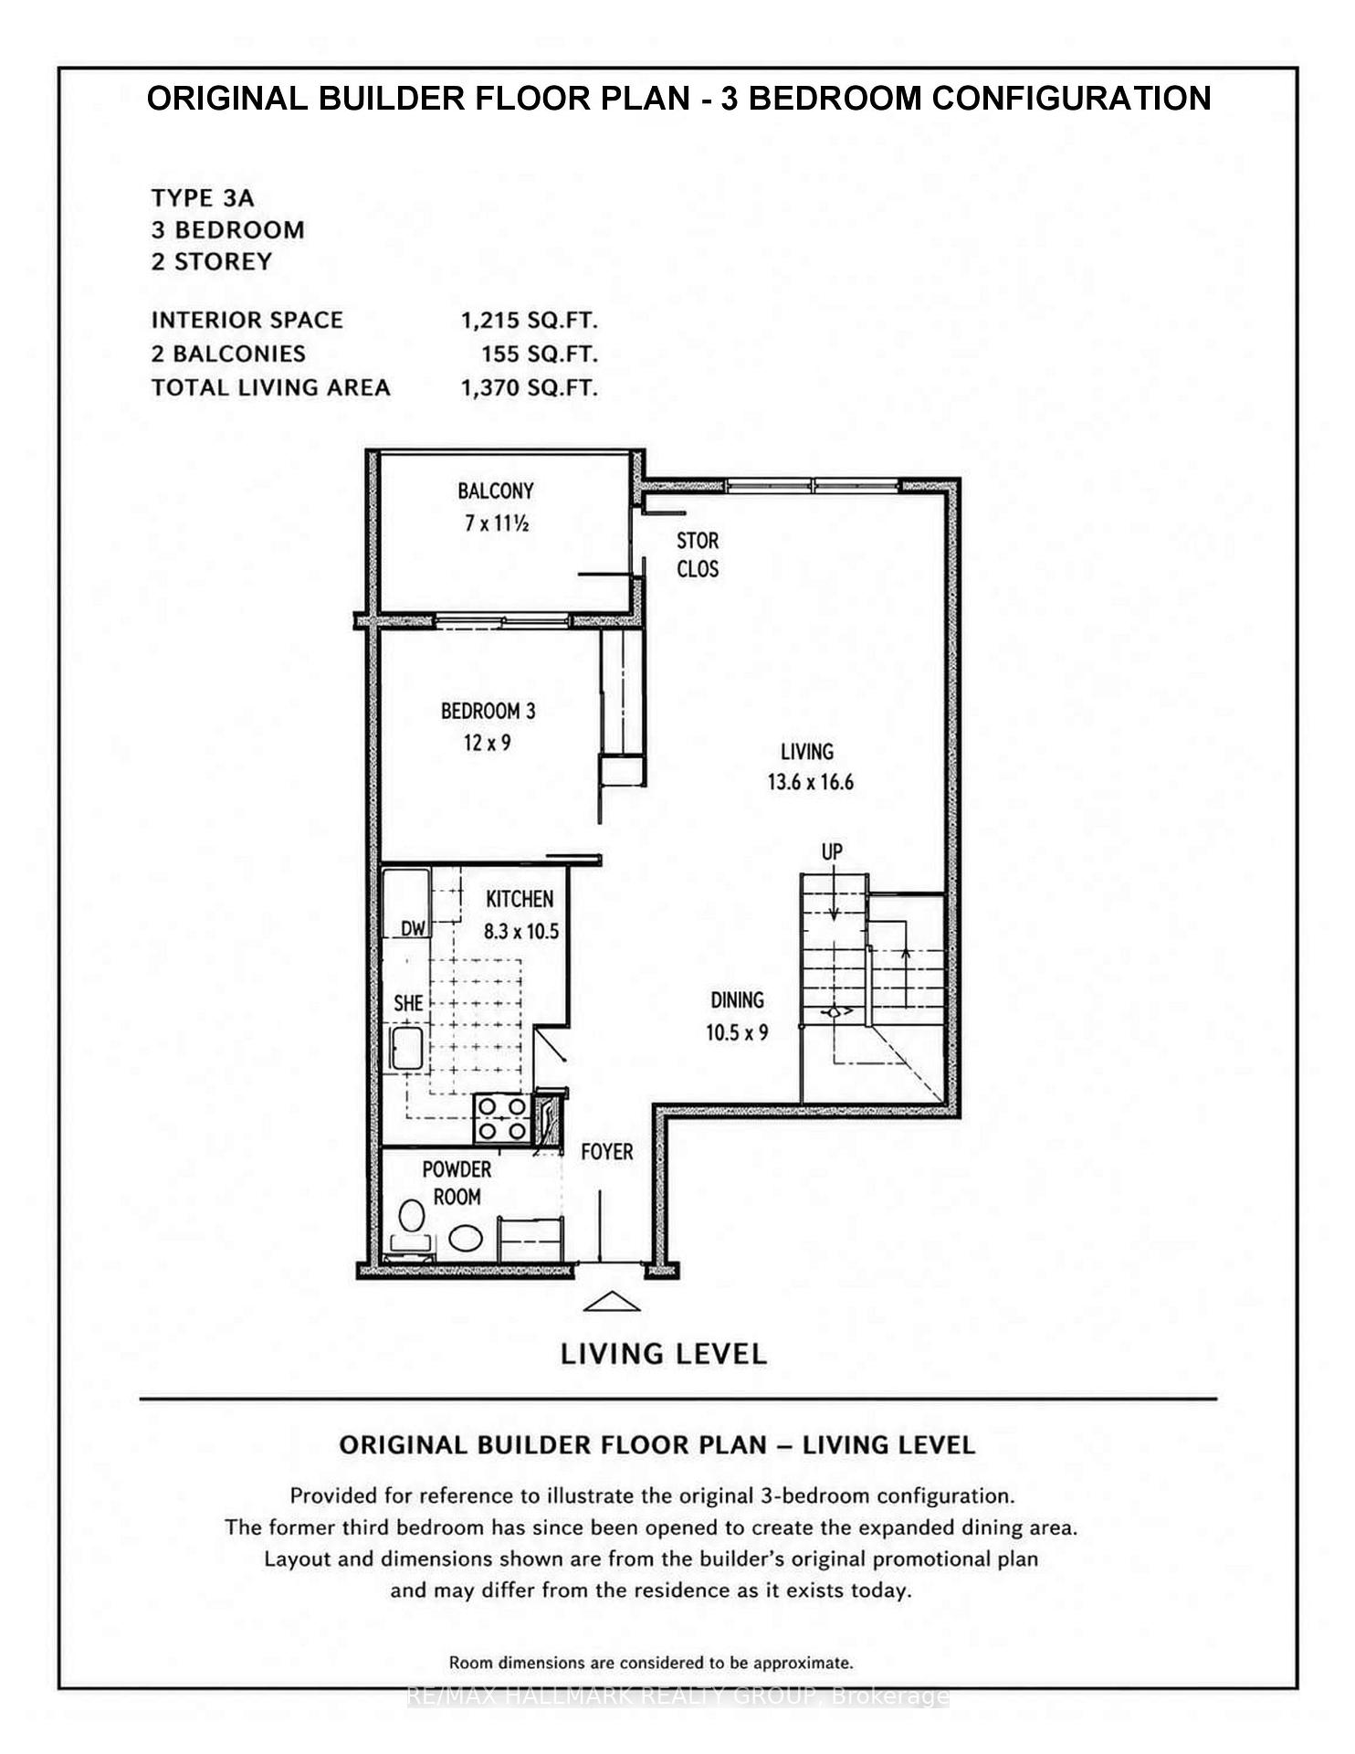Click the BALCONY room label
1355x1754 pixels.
click(496, 491)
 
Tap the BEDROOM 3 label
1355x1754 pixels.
click(488, 711)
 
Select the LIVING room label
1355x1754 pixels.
click(807, 751)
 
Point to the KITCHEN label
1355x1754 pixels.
click(520, 899)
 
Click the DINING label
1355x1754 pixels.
click(737, 999)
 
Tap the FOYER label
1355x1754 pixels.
click(607, 1151)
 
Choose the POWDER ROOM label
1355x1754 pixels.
click(457, 1183)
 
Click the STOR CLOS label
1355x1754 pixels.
click(698, 555)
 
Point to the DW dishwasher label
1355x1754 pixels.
click(415, 928)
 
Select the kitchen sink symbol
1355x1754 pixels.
click(405, 1049)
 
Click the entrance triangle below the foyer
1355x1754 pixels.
click(611, 1303)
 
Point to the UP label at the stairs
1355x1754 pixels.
click(832, 851)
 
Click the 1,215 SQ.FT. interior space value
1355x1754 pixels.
click(530, 321)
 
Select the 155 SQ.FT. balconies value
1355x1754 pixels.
click(540, 354)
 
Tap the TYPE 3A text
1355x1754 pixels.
click(203, 198)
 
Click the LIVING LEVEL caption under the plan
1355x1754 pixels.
click(664, 1354)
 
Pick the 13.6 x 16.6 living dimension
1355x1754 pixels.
click(810, 782)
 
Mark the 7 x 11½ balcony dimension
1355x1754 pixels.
click(497, 523)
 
